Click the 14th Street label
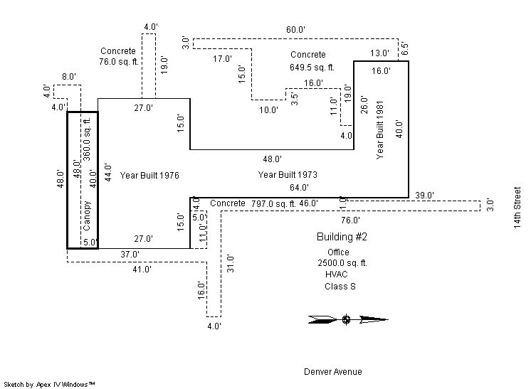517,208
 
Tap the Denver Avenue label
332,371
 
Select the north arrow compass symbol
347,319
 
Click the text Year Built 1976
149,174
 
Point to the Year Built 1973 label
288,174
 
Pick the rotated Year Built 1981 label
381,129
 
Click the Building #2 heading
342,236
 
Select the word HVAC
337,274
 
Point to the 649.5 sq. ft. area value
308,68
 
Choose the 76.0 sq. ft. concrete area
118,62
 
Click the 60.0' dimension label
296,30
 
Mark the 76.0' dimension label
350,220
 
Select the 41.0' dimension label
141,270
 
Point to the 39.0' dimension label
425,195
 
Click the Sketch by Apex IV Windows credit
50,384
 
